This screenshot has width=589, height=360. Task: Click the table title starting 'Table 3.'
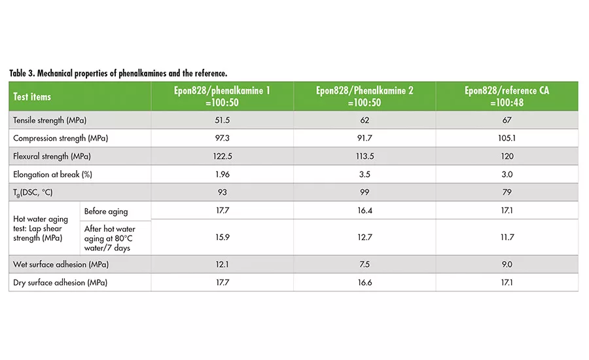[x=118, y=73]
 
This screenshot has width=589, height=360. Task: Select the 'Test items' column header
[x=32, y=96]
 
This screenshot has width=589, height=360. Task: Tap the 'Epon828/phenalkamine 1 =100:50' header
[x=222, y=96]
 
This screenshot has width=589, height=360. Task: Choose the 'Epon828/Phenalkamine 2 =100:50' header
[x=365, y=96]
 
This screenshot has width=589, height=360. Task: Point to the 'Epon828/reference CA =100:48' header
[x=507, y=96]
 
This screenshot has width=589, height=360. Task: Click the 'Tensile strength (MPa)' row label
[x=50, y=120]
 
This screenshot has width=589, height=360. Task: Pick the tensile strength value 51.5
[x=222, y=120]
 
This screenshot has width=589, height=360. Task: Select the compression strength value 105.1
[x=507, y=138]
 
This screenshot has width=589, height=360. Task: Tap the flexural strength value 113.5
[x=365, y=156]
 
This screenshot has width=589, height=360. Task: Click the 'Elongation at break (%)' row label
[x=50, y=174]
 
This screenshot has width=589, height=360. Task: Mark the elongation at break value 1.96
[x=222, y=174]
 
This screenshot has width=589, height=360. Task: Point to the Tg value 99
[x=365, y=192]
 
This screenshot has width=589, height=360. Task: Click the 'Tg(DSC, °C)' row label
[x=36, y=192]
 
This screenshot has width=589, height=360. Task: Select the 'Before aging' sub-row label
[x=106, y=211]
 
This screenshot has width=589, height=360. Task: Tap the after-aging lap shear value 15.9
[x=222, y=238]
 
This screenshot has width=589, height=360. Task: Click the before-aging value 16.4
[x=365, y=211]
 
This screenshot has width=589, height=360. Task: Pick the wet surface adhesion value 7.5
[x=365, y=264]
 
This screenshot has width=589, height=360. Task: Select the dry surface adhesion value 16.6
[x=365, y=282]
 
